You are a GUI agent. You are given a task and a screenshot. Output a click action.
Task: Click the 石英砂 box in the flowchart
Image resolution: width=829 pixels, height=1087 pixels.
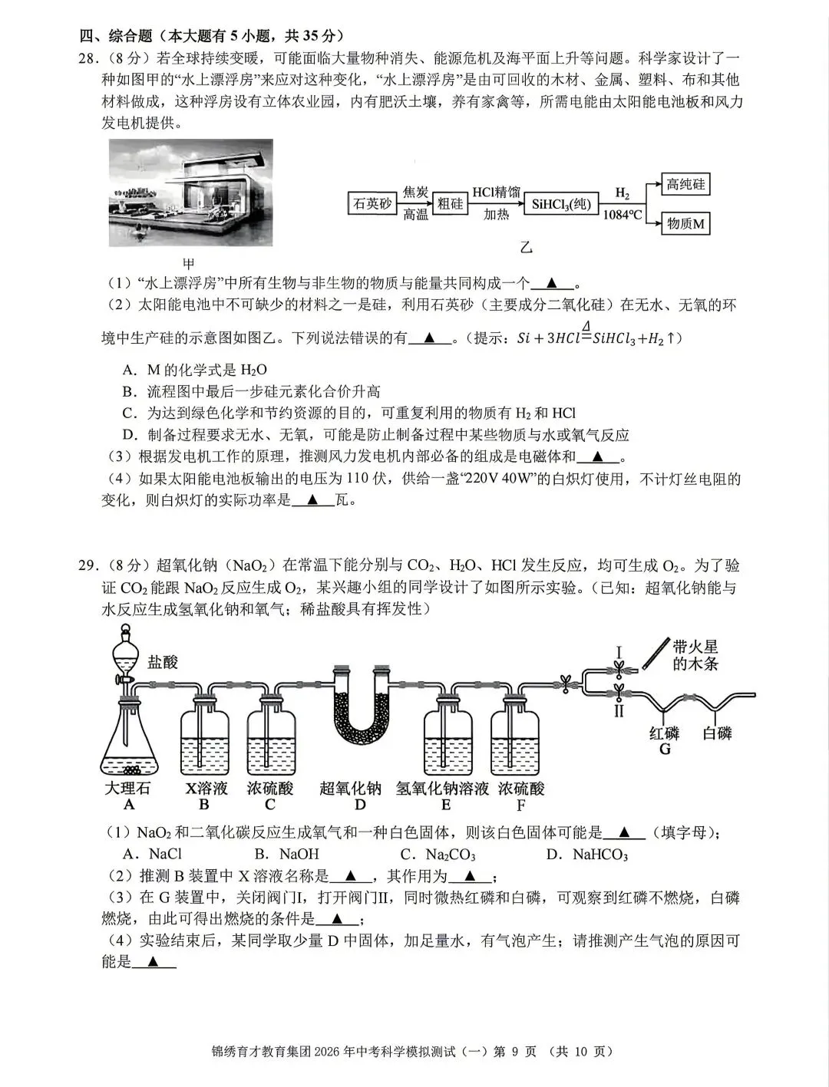point(372,204)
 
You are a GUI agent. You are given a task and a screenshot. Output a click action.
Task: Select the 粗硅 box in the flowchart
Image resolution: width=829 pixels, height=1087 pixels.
point(451,204)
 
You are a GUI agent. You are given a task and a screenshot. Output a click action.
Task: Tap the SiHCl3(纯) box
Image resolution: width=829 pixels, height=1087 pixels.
point(562,204)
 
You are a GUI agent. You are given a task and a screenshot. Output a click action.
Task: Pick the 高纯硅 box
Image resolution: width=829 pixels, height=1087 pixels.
point(685,184)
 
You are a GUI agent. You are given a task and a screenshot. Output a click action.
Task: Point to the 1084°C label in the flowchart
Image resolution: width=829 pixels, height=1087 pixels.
point(622,215)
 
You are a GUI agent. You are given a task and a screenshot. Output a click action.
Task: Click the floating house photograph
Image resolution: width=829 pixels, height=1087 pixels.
point(191,192)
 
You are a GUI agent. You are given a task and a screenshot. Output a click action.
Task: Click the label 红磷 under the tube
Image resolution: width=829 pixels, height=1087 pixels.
point(665,733)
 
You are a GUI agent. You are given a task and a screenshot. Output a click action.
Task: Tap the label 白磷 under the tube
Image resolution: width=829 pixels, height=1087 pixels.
point(718,733)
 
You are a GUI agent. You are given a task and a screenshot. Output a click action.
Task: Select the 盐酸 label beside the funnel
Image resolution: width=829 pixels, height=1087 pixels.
point(163,661)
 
